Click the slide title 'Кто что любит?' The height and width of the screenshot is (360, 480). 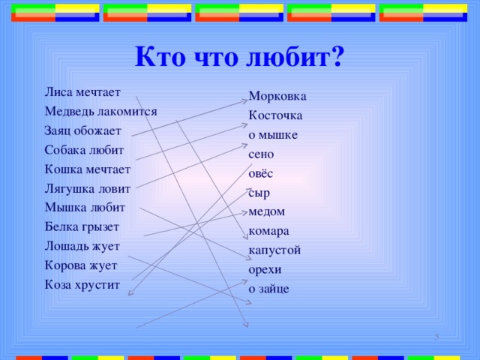[x=239, y=57]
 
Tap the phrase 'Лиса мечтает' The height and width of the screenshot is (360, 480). [x=82, y=92]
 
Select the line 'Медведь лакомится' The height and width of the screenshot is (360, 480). [x=100, y=111]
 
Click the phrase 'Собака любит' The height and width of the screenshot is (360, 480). [x=84, y=149]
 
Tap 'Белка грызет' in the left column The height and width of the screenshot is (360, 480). [x=82, y=226]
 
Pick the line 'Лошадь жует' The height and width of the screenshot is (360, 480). [x=82, y=245]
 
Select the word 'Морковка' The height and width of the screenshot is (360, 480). [x=277, y=97]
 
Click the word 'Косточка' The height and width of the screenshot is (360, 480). [x=275, y=116]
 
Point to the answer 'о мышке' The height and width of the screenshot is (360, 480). [x=273, y=135]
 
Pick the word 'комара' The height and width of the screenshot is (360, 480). [x=268, y=230]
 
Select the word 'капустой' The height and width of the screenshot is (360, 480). [x=274, y=250]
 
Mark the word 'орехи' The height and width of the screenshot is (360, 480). [x=265, y=268]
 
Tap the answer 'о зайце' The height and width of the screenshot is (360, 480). [x=268, y=288]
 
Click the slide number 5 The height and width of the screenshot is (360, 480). [x=437, y=338]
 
